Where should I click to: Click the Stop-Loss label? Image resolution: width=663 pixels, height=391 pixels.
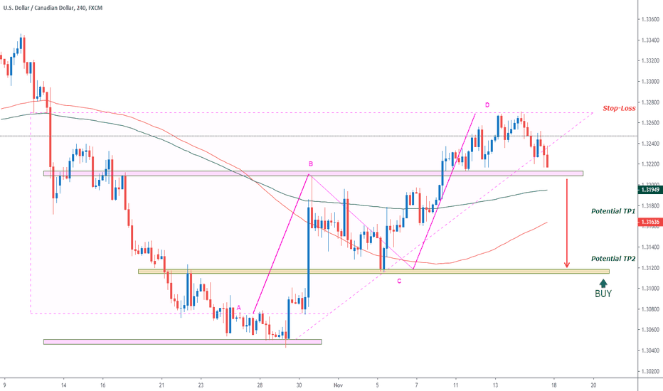tap(619, 109)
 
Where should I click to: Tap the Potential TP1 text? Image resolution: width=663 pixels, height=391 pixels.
tap(613, 212)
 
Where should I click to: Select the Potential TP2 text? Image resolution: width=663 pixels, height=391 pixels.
tap(613, 259)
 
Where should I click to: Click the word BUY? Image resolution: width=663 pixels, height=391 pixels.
tap(603, 293)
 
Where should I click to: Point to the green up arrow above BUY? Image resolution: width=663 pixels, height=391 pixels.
tap(603, 282)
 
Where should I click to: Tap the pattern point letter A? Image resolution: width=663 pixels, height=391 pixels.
tap(239, 308)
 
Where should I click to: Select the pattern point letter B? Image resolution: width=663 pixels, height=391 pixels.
tap(310, 164)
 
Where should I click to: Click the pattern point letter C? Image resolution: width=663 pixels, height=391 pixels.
tap(399, 281)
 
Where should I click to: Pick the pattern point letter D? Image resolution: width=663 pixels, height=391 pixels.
tap(487, 105)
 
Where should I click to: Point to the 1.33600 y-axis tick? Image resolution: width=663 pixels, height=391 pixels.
tap(648, 19)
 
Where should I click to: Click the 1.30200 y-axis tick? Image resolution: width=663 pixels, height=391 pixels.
tap(648, 371)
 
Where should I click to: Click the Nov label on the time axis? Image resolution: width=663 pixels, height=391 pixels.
tap(339, 382)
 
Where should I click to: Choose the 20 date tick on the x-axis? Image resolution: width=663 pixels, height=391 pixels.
tap(593, 382)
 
